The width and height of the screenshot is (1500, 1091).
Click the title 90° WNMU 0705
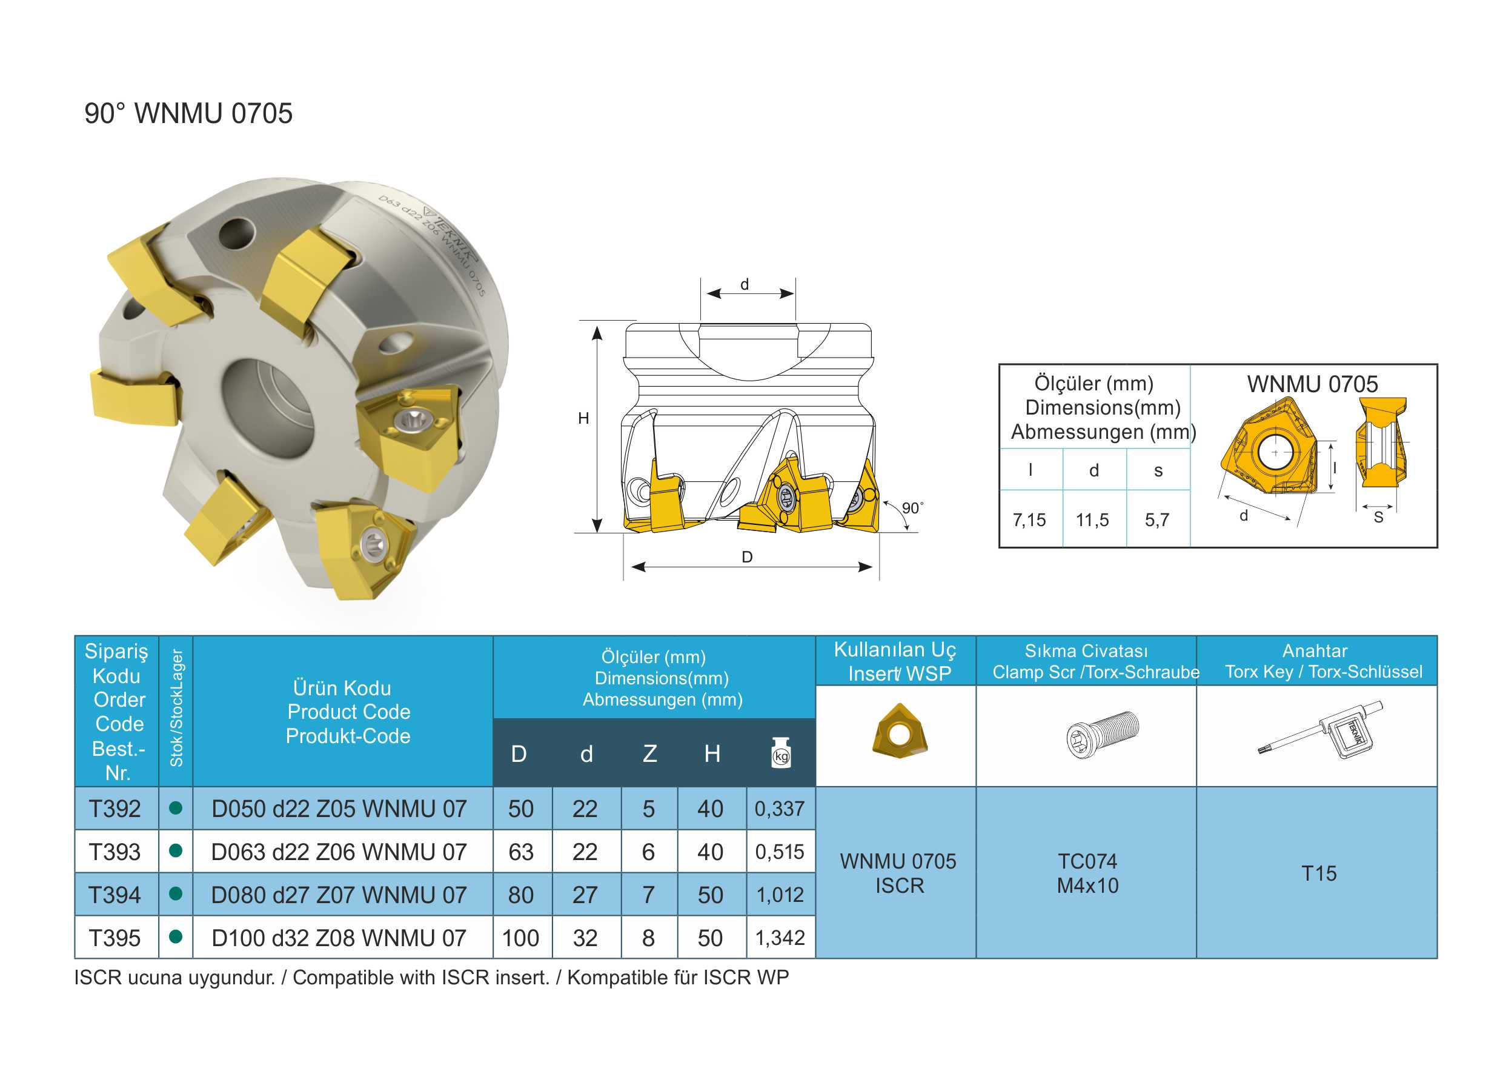click(x=188, y=114)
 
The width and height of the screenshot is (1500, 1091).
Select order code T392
click(x=114, y=809)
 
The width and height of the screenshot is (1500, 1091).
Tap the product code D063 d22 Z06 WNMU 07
click(x=339, y=852)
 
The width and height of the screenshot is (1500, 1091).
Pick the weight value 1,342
click(x=780, y=938)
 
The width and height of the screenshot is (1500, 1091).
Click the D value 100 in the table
click(x=520, y=938)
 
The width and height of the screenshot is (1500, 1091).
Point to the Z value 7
click(x=648, y=895)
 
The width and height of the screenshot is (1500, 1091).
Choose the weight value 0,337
click(x=780, y=809)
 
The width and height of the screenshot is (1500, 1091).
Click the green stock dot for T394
click(x=176, y=893)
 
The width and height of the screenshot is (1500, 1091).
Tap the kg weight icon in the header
click(x=781, y=753)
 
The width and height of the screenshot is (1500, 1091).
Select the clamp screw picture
click(x=1103, y=735)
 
